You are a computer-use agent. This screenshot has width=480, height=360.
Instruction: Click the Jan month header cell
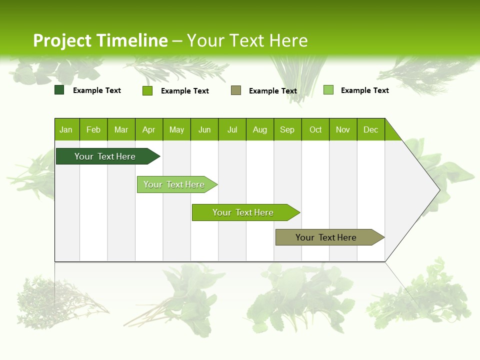[x=66, y=129]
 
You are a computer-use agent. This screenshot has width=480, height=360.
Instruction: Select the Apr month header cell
[x=149, y=129]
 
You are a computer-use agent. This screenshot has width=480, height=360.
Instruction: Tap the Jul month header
[x=232, y=129]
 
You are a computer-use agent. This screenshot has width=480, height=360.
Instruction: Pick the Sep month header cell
[x=287, y=129]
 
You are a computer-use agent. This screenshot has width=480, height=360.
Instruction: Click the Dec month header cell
[x=370, y=129]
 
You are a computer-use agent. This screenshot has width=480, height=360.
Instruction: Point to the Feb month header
[x=93, y=129]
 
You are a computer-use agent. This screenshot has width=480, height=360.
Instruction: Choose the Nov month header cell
[x=343, y=129]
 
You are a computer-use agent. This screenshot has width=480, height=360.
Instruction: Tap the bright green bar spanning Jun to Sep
[x=243, y=212]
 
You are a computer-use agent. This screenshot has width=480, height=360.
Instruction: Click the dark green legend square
[x=59, y=90]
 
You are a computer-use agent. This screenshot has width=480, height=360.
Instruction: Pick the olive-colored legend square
[x=236, y=90]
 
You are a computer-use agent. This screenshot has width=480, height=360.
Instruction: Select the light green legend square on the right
[x=328, y=90]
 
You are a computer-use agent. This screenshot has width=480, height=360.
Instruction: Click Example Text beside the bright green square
[x=184, y=91]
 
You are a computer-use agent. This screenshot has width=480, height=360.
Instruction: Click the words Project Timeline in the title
[x=100, y=40]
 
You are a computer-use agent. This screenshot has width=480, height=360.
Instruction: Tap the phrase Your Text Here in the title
[x=247, y=40]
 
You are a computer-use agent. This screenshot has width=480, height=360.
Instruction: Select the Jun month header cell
[x=204, y=129]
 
